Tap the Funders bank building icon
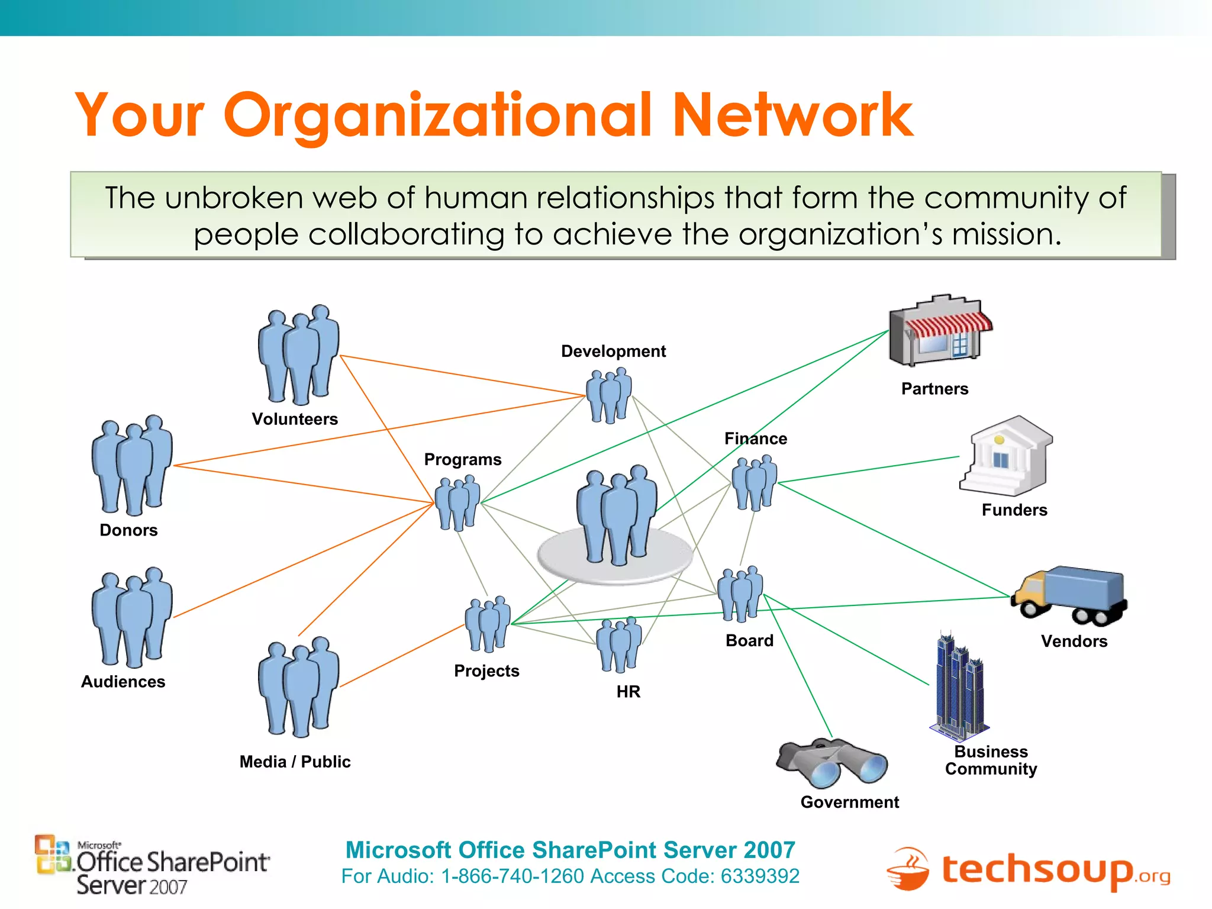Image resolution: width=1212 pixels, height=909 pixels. [x=1006, y=456]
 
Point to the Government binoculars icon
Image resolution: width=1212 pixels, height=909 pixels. [x=831, y=763]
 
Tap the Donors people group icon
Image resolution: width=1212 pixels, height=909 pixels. [x=132, y=465]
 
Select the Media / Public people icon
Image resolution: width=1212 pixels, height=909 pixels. [x=298, y=686]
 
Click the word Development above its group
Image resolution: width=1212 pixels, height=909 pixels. [x=613, y=352]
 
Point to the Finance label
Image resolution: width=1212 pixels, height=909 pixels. [x=756, y=439]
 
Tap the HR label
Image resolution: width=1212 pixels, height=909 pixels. [x=628, y=691]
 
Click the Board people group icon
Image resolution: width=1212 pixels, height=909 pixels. [x=740, y=594]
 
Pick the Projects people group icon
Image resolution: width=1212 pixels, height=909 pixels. [x=487, y=624]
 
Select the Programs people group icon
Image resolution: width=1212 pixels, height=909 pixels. [x=457, y=503]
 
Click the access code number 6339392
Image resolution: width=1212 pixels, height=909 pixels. [x=760, y=876]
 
